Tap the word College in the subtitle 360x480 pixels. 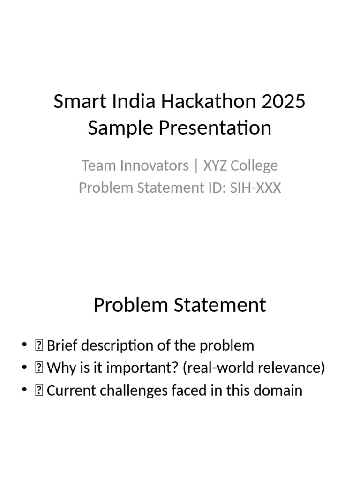(x=256, y=165)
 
